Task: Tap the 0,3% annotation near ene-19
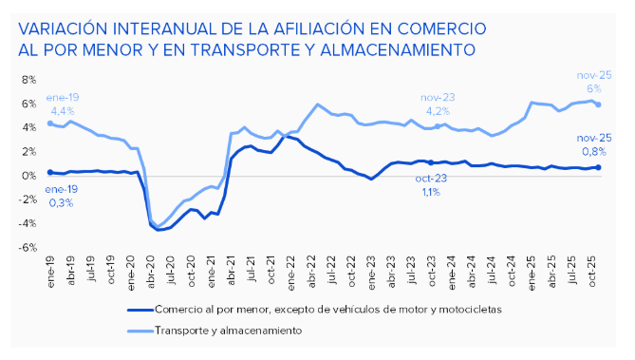click(x=61, y=202)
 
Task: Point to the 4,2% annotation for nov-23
click(x=438, y=110)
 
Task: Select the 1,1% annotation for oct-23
click(x=429, y=192)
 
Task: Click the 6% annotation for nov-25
click(x=595, y=88)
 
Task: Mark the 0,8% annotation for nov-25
click(x=595, y=150)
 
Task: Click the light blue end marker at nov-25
click(x=598, y=104)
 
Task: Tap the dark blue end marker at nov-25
click(x=598, y=167)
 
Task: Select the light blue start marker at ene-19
click(x=49, y=123)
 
